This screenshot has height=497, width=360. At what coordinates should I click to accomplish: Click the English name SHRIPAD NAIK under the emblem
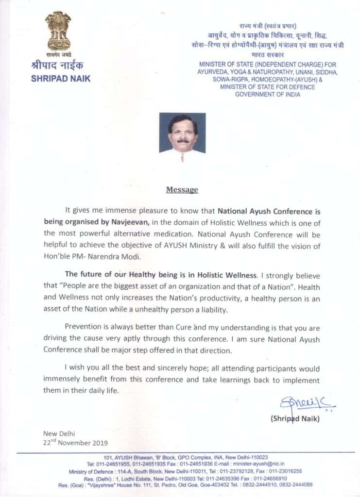coord(61,78)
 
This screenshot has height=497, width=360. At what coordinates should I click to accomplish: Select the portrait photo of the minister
coord(182,132)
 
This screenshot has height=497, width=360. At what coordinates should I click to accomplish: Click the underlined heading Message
coord(182,190)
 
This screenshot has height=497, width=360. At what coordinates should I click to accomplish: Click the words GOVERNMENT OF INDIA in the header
coord(268,94)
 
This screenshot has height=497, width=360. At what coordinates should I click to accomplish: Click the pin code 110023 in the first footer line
coord(257,458)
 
